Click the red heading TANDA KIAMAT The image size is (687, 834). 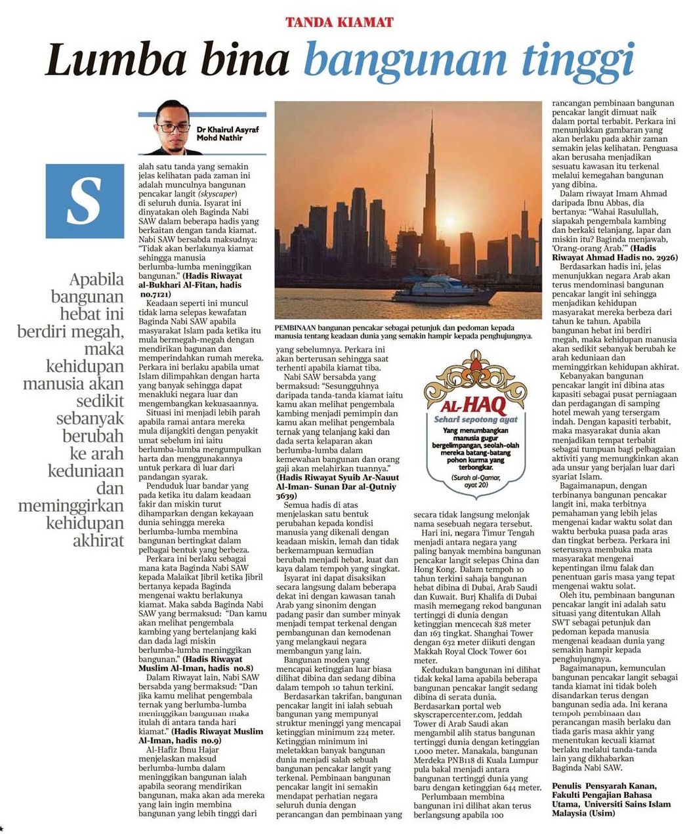(x=339, y=22)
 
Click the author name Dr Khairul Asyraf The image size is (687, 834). (x=228, y=129)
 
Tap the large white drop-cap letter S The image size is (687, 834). (x=85, y=200)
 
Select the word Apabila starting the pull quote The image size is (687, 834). (x=97, y=279)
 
